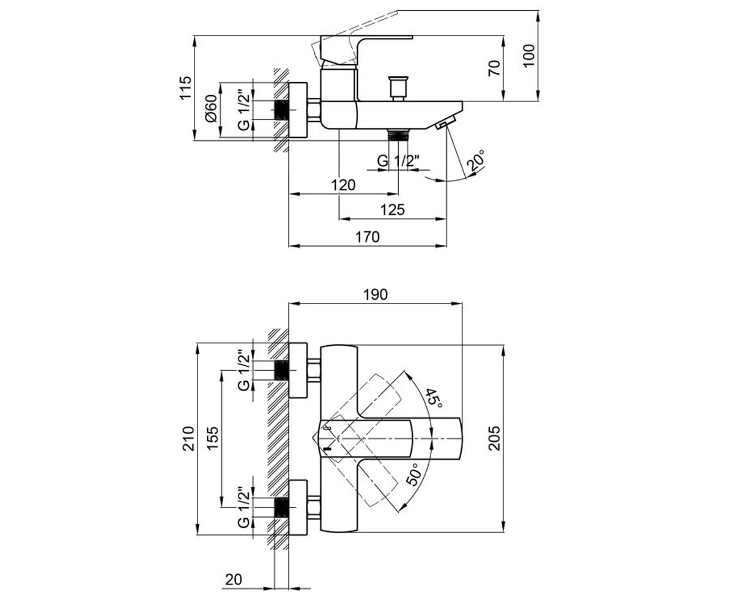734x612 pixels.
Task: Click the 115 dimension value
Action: [x=186, y=88]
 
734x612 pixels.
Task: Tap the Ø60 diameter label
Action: [x=211, y=108]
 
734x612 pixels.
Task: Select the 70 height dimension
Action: [x=494, y=68]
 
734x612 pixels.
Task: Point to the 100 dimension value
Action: [x=528, y=55]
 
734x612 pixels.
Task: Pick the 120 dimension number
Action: [x=343, y=185]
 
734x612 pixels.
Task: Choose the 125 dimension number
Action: [x=393, y=210]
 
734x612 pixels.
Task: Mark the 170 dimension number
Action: [x=368, y=237]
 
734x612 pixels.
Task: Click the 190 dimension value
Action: [x=376, y=295]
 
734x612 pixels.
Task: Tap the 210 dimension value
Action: [x=189, y=438]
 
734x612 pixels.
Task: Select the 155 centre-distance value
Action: [x=213, y=438]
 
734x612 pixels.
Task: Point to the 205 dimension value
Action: [x=494, y=438]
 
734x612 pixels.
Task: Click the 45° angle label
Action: [x=433, y=398]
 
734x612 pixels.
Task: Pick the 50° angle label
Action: [x=413, y=474]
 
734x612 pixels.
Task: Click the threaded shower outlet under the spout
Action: [x=398, y=135]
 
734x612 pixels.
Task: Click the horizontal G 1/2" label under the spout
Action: [x=398, y=161]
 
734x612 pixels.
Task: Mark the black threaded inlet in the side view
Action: [x=281, y=110]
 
